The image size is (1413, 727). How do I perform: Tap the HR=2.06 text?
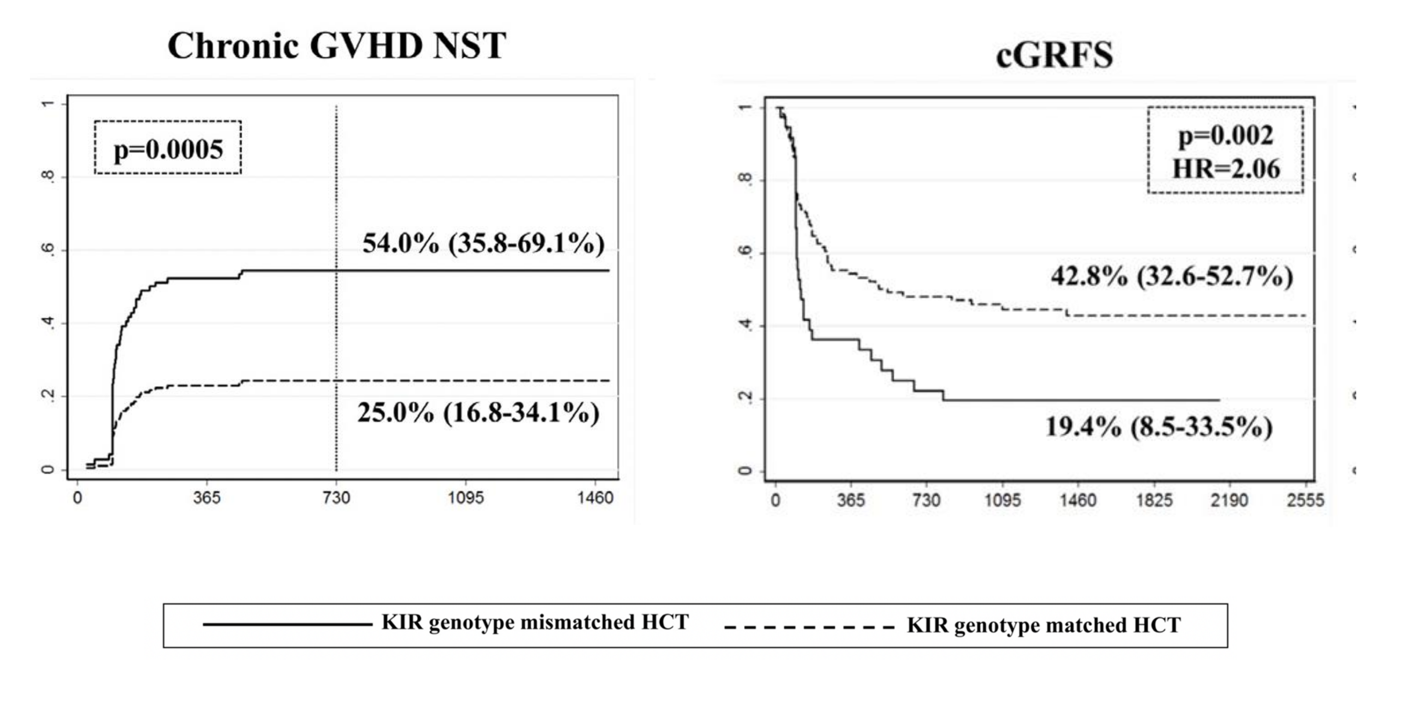point(1226,168)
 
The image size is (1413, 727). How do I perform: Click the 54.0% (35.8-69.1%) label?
point(483,243)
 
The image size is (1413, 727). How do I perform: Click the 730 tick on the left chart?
point(336,498)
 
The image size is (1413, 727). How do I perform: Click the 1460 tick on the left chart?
point(595,498)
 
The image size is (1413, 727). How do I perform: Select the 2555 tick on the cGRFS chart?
point(1305,500)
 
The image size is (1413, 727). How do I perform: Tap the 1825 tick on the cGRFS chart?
point(1154,500)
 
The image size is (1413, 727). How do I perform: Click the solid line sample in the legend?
point(287,624)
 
